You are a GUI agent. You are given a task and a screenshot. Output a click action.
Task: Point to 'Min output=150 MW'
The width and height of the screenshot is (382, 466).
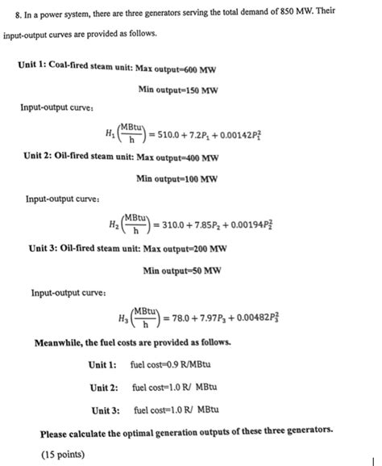coord(178,89)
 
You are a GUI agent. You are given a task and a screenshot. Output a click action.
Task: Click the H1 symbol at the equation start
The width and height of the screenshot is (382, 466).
coord(110,135)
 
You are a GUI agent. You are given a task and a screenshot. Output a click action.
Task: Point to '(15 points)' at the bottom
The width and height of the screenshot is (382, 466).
coord(62,455)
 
